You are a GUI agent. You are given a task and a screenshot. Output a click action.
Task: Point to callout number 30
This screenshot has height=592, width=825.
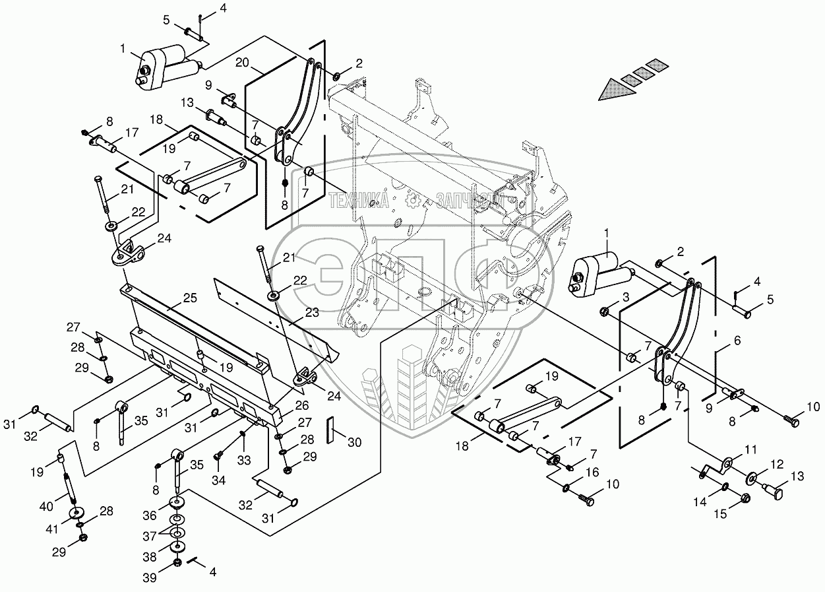tap(355, 444)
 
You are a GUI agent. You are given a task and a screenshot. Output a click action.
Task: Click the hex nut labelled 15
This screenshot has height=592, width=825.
tap(745, 498)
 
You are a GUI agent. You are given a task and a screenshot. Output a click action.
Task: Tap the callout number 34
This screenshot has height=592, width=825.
tap(218, 481)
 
